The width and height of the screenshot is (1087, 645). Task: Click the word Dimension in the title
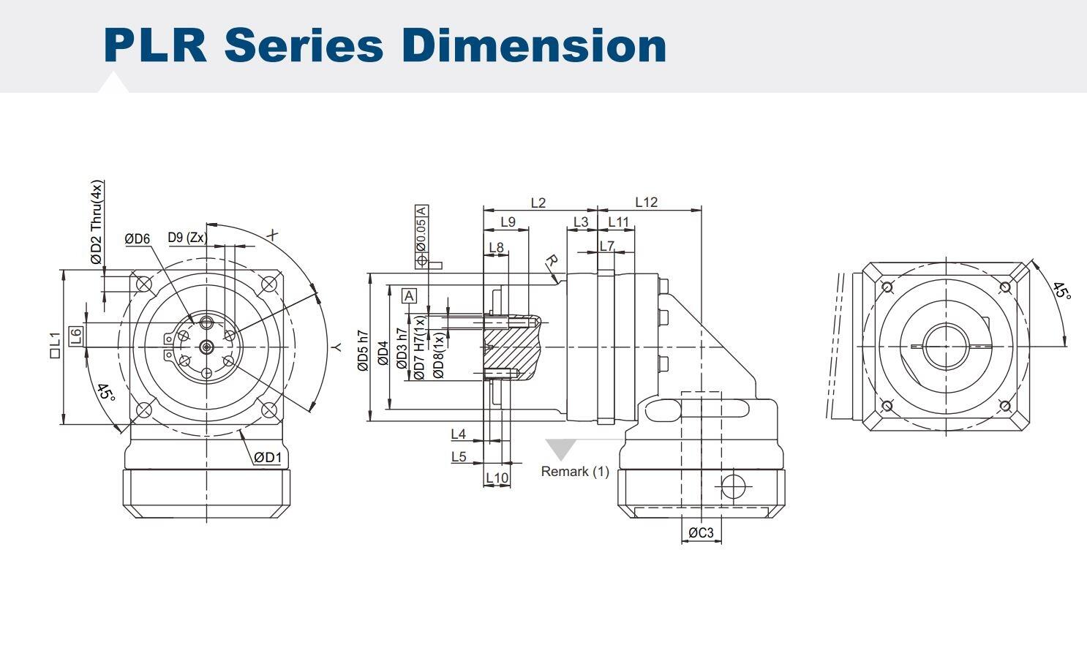tap(534, 45)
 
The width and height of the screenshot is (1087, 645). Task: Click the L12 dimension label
tap(646, 202)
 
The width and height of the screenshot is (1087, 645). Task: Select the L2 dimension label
tap(538, 203)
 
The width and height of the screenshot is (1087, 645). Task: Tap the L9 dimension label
tap(507, 222)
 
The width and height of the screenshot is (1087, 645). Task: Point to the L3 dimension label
tap(580, 222)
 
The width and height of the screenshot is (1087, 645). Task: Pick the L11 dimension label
tap(618, 222)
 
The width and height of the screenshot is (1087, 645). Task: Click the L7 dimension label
tap(606, 246)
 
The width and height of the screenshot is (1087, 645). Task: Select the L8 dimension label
tap(496, 247)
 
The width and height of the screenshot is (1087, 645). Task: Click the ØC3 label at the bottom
tap(700, 533)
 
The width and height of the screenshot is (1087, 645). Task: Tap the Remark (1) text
tap(574, 472)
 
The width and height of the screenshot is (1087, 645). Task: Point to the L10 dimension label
tap(497, 478)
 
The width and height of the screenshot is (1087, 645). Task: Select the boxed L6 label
tap(76, 336)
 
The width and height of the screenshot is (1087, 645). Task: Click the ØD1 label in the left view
tap(268, 458)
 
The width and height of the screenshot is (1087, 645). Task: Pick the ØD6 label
tap(137, 238)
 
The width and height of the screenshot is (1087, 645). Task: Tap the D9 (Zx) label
tap(187, 237)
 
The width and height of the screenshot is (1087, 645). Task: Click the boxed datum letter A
tap(410, 295)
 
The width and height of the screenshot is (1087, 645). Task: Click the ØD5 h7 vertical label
tap(363, 351)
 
